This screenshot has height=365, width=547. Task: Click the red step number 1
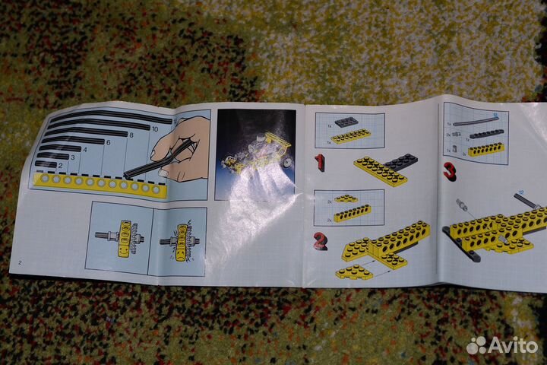point(319,162)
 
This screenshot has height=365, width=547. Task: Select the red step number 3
point(450,170)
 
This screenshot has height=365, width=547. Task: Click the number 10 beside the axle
point(155,129)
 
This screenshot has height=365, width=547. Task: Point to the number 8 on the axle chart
point(131,135)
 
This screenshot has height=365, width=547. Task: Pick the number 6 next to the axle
point(108,142)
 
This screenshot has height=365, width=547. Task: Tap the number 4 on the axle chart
point(85,150)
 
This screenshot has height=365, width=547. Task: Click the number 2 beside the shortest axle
point(60,164)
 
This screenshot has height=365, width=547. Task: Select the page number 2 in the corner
point(20,262)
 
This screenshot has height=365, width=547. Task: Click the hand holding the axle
point(182,148)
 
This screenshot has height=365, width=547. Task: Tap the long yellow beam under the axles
point(99,183)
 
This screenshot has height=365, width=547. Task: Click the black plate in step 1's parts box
point(346,122)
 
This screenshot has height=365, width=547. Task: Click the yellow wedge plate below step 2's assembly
point(355,271)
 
